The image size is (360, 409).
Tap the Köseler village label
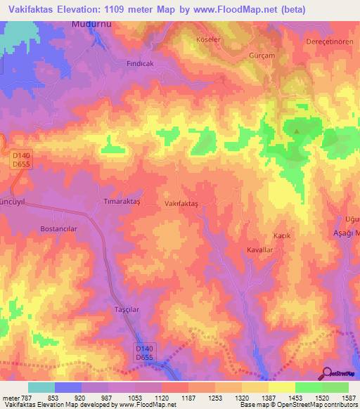click(x=209, y=39)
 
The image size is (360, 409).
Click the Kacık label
click(x=281, y=235)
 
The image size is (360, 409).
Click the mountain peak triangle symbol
click(x=297, y=131)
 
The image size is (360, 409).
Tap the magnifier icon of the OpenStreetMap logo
click(x=326, y=374)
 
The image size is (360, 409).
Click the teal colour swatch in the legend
click(x=41, y=387)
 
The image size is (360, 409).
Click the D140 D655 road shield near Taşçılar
click(x=145, y=352)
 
